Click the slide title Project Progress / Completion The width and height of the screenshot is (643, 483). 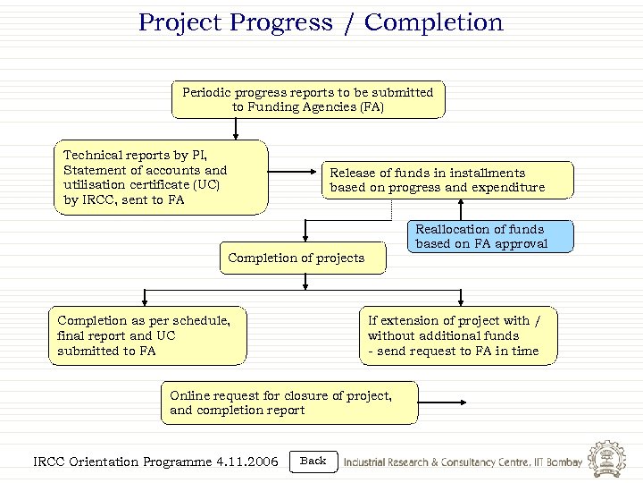point(321,22)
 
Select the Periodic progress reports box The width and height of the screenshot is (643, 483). point(307,99)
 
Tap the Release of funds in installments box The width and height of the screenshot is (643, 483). point(447,180)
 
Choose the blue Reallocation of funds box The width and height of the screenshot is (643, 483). point(490,236)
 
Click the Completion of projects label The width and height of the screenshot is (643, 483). point(296,258)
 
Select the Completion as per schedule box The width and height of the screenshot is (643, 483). point(147,335)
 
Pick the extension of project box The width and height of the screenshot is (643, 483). point(460,335)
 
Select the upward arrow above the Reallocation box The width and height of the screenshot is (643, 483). point(459,209)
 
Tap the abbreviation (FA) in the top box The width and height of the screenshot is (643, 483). point(371,107)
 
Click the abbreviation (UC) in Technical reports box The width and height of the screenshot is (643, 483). point(205,185)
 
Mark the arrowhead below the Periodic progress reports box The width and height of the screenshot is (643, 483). point(235,136)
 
